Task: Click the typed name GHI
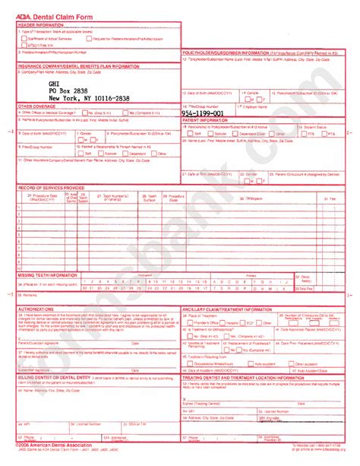[54, 83]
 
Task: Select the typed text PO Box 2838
[71, 90]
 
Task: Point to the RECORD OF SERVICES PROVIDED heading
[51, 186]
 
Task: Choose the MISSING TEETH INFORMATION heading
[48, 274]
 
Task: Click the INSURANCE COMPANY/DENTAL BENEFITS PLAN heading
[80, 66]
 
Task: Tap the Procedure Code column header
[175, 196]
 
